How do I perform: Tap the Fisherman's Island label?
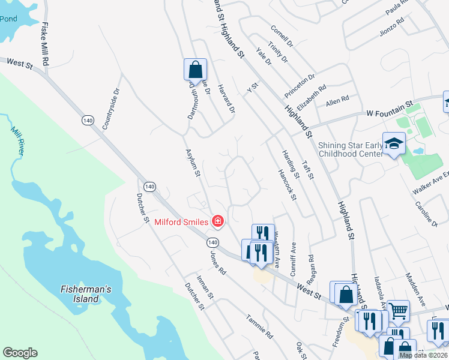(x=86, y=294)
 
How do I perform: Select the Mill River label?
(x=17, y=142)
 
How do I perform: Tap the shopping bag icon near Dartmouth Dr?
(x=195, y=70)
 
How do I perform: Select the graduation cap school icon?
(x=394, y=144)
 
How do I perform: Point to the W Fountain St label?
(x=391, y=109)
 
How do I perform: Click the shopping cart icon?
(x=398, y=311)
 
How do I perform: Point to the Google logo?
(x=20, y=353)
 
